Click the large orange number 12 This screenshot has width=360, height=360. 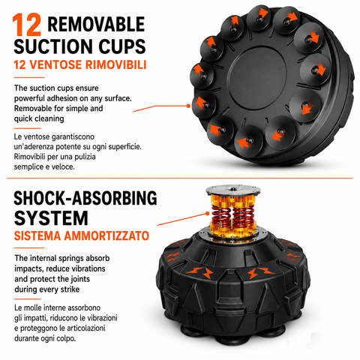point(27,25)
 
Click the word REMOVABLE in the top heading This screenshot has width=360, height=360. point(96,24)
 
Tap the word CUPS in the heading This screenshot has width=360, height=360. point(122,46)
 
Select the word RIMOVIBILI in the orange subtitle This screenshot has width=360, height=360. point(115,64)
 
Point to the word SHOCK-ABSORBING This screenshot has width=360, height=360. point(85,198)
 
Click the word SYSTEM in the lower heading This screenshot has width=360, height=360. point(51,218)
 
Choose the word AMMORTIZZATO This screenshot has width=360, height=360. point(106,235)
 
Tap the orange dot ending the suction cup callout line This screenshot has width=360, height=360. point(188,106)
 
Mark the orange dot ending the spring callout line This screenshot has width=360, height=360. point(207,214)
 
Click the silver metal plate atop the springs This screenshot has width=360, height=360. point(233,190)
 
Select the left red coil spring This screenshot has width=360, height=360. point(222,216)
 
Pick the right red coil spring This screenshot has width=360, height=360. point(243,216)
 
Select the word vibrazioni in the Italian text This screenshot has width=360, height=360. point(102,318)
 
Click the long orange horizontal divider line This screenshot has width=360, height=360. point(180,178)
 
